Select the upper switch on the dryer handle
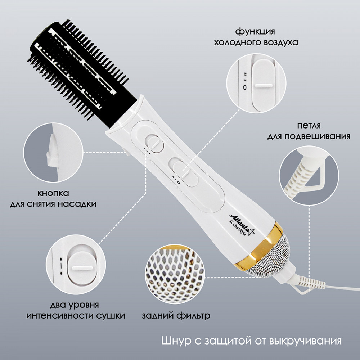(155, 144)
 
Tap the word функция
(255, 31)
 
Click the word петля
(309, 126)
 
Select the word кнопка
(53, 193)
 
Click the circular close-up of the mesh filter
(175, 274)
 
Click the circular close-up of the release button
(53, 152)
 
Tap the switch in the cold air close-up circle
(264, 85)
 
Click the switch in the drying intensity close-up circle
(82, 268)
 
